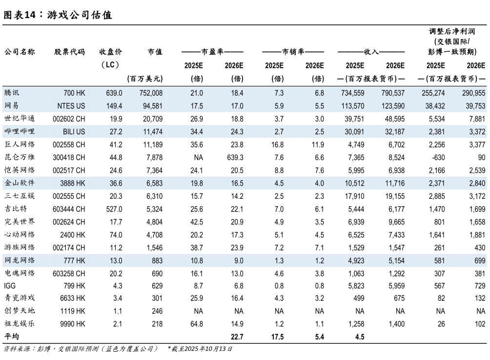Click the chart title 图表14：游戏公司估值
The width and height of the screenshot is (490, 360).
coord(58,15)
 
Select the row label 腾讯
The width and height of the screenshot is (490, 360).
coord(12,93)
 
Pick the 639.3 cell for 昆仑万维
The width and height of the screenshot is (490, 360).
coord(234,157)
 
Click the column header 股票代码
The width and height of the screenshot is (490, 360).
coord(69,52)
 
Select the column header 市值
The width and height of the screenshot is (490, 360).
coord(155,52)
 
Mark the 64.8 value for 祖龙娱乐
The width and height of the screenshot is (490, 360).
coord(195,324)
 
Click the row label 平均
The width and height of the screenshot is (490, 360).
coord(11,337)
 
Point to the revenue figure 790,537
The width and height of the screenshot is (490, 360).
coord(391,93)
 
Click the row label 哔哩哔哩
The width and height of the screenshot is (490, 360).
coord(19,131)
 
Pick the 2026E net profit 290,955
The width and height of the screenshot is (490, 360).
coord(471,93)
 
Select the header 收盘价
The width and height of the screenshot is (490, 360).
coord(111,52)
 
